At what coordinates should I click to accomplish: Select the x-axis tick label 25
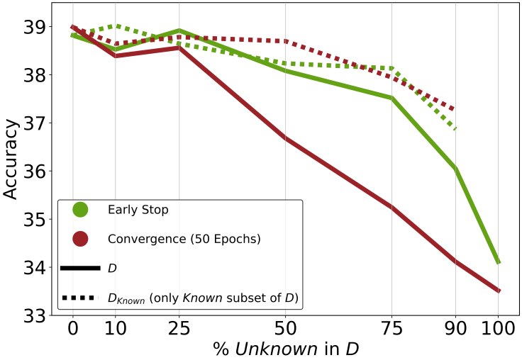pyautogui.click(x=179, y=329)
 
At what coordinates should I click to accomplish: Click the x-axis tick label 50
pyautogui.click(x=285, y=329)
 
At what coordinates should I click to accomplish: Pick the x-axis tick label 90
pyautogui.click(x=455, y=329)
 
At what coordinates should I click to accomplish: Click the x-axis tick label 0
pyautogui.click(x=73, y=329)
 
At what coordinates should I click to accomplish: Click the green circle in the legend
pyautogui.click(x=80, y=210)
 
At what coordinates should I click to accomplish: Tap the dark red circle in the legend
pyautogui.click(x=80, y=239)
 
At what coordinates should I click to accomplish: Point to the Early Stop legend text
pyautogui.click(x=138, y=210)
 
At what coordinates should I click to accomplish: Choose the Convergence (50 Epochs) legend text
pyautogui.click(x=184, y=239)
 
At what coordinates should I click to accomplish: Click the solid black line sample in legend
pyautogui.click(x=80, y=269)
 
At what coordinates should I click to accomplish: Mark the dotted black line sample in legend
pyautogui.click(x=80, y=298)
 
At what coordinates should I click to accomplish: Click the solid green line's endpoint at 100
pyautogui.click(x=499, y=262)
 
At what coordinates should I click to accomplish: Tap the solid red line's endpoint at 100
pyautogui.click(x=499, y=291)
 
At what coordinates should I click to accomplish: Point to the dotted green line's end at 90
pyautogui.click(x=455, y=129)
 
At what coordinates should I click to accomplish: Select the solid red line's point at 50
pyautogui.click(x=285, y=137)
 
